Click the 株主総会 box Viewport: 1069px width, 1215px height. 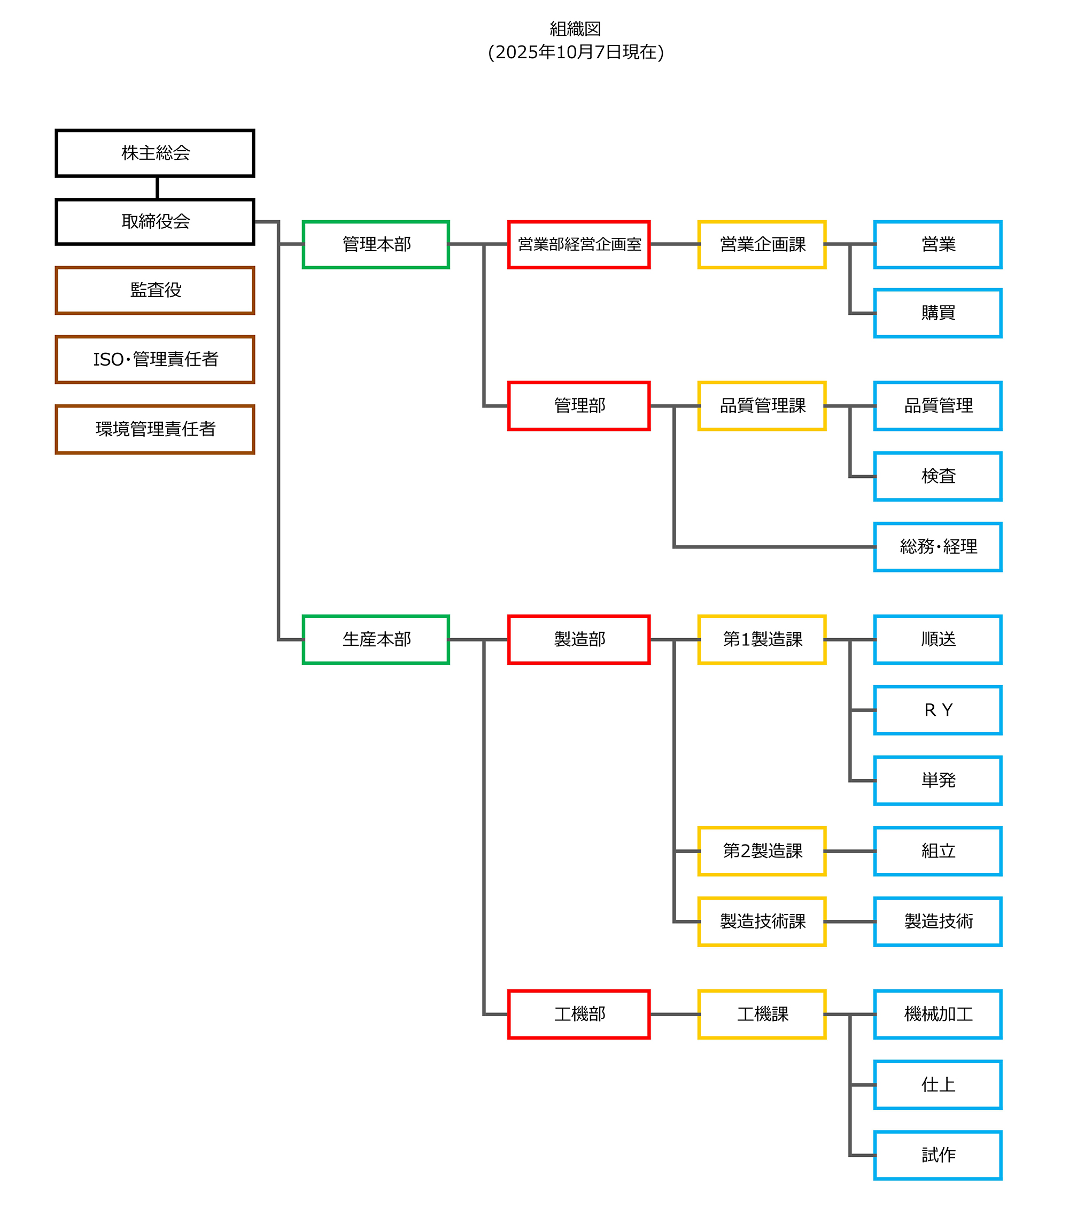pos(154,153)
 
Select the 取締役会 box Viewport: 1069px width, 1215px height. pos(154,222)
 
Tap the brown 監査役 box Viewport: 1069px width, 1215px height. pos(154,290)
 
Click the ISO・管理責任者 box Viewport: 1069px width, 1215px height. pos(154,360)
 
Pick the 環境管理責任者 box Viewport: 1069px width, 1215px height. pos(154,429)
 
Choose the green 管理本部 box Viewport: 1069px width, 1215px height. pos(376,244)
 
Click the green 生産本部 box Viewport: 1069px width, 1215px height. pos(376,640)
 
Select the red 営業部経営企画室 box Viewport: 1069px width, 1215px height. pos(579,244)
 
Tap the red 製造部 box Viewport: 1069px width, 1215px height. pos(579,640)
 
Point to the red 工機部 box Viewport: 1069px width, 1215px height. pos(579,1014)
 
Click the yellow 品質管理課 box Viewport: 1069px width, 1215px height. pos(762,406)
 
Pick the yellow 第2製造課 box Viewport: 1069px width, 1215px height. pos(762,851)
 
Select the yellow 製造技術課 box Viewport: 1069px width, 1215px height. pos(762,922)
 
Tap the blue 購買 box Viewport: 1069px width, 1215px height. pos(938,313)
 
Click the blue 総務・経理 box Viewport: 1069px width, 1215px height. pos(938,547)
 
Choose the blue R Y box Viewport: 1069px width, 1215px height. pos(938,710)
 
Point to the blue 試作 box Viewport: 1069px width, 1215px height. pos(938,1155)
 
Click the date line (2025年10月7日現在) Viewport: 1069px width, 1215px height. pos(575,52)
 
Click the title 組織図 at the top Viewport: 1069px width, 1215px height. pos(575,28)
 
